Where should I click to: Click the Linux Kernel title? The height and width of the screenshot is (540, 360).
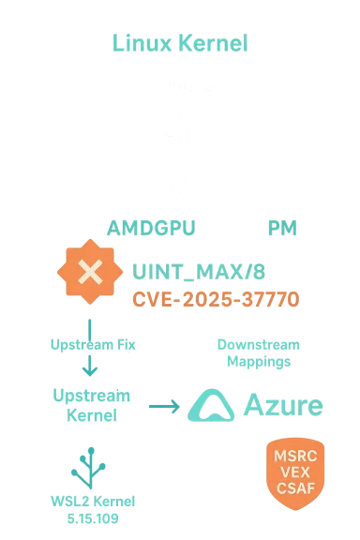tap(180, 43)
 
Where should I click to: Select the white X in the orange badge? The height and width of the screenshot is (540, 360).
tap(90, 273)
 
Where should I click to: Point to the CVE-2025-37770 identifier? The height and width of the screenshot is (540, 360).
tap(216, 300)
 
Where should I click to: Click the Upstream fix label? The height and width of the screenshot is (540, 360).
tap(91, 346)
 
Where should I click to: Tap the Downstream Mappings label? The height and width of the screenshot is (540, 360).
tap(254, 352)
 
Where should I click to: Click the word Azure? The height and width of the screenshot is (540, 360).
tap(283, 406)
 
